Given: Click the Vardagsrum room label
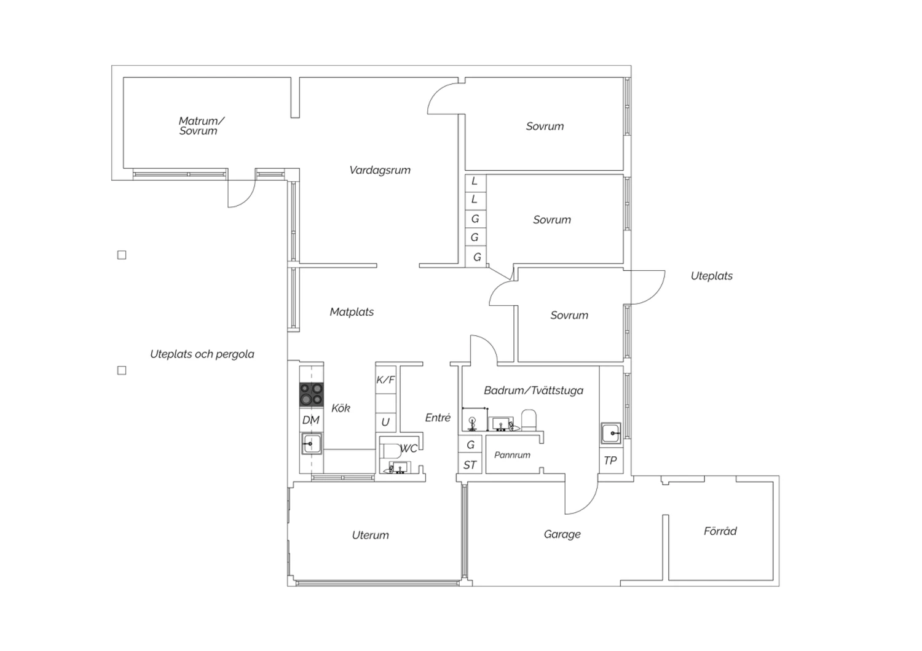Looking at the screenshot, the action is pyautogui.click(x=379, y=170).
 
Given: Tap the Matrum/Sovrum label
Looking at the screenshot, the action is pyautogui.click(x=201, y=126).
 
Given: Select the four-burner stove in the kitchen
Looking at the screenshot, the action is pyautogui.click(x=311, y=394).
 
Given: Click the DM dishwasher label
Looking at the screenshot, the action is pyautogui.click(x=311, y=420).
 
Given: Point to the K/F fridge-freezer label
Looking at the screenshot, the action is pyautogui.click(x=385, y=380).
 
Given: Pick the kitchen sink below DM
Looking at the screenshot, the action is pyautogui.click(x=312, y=443).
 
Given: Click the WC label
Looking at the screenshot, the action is pyautogui.click(x=409, y=448).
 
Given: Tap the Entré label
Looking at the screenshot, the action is pyautogui.click(x=438, y=418).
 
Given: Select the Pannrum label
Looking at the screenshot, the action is pyautogui.click(x=512, y=455).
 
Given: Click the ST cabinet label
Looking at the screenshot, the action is pyautogui.click(x=470, y=465).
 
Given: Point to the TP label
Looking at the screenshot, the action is pyautogui.click(x=610, y=461).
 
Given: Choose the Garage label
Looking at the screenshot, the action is pyautogui.click(x=562, y=534).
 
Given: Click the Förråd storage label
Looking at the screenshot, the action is pyautogui.click(x=720, y=531).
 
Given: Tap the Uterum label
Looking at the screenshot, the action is pyautogui.click(x=370, y=535).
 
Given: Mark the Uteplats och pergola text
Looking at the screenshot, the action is pyautogui.click(x=202, y=354).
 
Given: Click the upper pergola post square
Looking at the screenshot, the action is pyautogui.click(x=122, y=255).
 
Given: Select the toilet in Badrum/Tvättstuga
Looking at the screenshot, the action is pyautogui.click(x=529, y=420).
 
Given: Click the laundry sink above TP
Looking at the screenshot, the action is pyautogui.click(x=611, y=434).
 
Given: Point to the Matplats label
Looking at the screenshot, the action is pyautogui.click(x=352, y=312).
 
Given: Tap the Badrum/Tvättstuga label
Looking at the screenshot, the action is pyautogui.click(x=534, y=390).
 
